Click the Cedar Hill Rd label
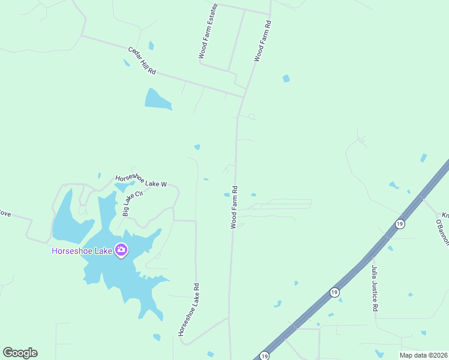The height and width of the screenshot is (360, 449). coord(142,61)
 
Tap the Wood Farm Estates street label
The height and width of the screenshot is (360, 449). coord(208,31)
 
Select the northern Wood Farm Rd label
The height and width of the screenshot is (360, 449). coord(262,41)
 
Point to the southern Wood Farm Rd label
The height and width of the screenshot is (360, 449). coord(234,206)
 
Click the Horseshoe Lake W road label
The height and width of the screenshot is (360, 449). coord(140,181)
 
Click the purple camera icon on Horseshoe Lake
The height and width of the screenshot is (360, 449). coord(121,250)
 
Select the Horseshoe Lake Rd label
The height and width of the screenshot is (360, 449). coord(188,309)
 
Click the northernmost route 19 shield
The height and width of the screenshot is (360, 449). coord(400,224)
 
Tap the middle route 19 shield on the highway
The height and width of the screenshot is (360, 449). coord(334,292)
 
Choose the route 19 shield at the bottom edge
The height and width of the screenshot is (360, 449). coord(265,356)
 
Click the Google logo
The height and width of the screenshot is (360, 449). coord(20,353)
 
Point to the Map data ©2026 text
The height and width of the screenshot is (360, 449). coord(423,355)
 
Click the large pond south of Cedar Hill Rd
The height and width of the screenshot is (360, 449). coord(157,100)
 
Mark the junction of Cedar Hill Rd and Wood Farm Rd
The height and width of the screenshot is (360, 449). coord(244,96)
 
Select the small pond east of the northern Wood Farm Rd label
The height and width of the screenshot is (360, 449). coord(286,78)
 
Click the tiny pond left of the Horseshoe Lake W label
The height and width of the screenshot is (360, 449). coord(100,176)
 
